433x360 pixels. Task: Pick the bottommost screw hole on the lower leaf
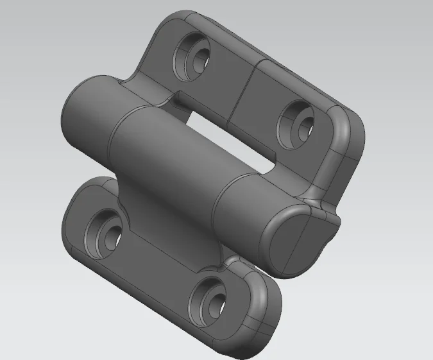coord(208,299)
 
